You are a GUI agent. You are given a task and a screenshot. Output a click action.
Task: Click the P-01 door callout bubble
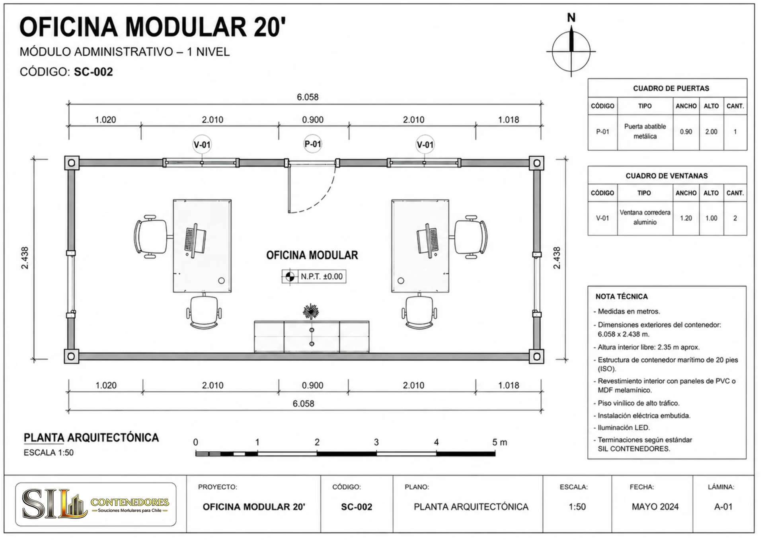[313, 144]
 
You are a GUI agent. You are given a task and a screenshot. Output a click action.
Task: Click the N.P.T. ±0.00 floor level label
[314, 276]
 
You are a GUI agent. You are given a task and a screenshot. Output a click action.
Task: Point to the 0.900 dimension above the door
[313, 120]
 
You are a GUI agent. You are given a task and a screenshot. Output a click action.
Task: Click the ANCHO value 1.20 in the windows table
[686, 218]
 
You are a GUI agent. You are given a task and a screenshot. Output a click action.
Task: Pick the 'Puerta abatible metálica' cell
[645, 132]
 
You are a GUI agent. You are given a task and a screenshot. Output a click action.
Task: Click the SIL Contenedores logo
[95, 504]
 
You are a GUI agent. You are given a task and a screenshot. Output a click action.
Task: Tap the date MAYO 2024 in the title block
[655, 507]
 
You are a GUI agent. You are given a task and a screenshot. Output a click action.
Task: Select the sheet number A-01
[723, 507]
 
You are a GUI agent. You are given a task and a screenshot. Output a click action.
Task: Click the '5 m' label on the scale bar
[500, 442]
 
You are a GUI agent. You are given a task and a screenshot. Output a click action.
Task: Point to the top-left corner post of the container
[72, 163]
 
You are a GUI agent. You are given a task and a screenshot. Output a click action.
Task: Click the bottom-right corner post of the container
[536, 356]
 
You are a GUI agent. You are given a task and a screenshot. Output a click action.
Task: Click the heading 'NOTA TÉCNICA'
[622, 297]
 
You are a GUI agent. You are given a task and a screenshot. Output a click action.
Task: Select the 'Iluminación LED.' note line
[622, 428]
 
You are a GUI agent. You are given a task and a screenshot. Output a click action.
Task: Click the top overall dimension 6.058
[308, 97]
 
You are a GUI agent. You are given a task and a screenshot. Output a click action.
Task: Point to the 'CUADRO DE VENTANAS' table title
[667, 176]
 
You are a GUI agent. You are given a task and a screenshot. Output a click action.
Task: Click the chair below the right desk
[419, 311]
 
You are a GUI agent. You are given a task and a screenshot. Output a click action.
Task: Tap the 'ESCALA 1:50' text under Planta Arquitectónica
[49, 453]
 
